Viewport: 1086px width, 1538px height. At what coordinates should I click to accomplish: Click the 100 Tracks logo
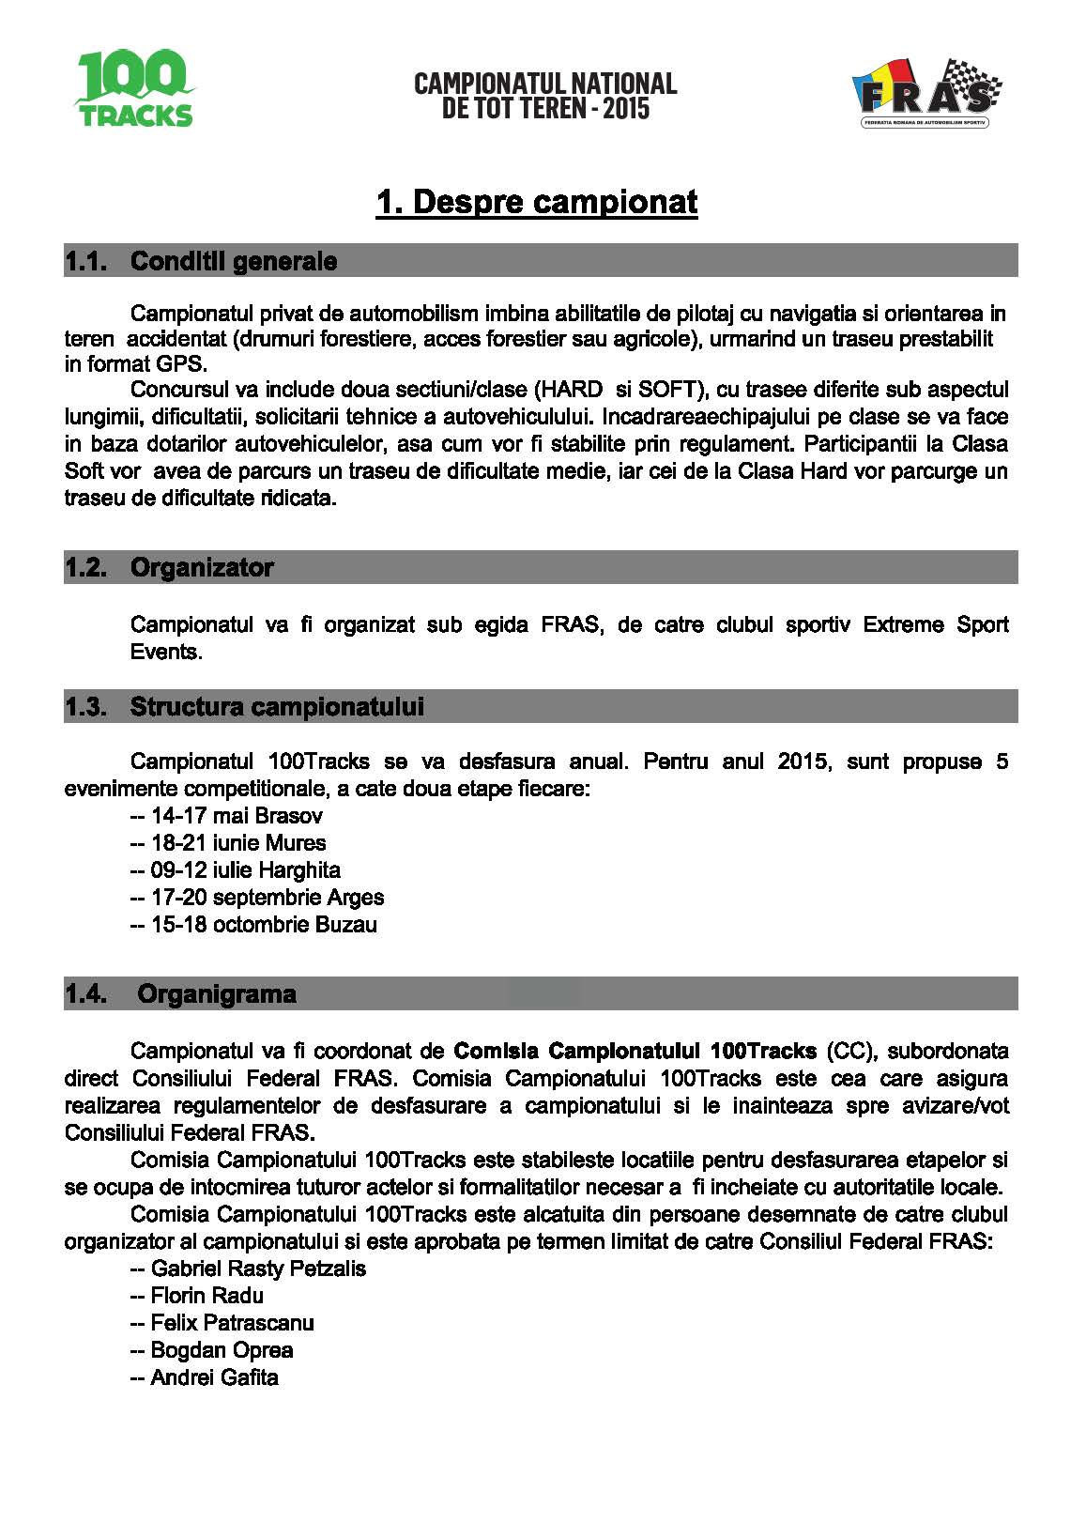(134, 89)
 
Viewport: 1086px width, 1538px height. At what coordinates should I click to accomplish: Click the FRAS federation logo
(925, 93)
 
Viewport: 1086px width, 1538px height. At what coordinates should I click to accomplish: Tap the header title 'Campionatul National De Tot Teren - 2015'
(545, 96)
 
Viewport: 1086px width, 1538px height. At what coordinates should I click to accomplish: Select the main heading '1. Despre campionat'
(537, 202)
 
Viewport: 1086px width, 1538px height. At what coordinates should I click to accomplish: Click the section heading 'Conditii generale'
(234, 261)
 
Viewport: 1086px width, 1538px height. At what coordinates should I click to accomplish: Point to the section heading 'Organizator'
(202, 567)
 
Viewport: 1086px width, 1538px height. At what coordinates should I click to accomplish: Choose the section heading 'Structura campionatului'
(277, 706)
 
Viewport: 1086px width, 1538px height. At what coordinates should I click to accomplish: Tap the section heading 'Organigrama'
(217, 993)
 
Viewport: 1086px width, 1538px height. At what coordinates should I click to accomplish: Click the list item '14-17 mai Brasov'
(237, 815)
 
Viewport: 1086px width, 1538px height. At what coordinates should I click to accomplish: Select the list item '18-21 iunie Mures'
(238, 842)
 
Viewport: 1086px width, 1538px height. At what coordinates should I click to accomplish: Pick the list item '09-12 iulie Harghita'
(245, 869)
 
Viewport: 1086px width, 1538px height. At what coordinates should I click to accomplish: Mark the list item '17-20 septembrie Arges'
(268, 897)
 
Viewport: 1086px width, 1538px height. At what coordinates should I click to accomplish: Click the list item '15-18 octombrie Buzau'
(264, 924)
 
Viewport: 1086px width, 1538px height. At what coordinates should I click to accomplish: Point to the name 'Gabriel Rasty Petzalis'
(258, 1269)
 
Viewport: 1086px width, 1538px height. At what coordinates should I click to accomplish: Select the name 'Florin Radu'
(206, 1296)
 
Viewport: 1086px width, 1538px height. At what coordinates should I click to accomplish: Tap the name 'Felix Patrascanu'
(232, 1323)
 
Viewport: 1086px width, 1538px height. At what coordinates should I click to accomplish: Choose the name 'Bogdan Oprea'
(222, 1350)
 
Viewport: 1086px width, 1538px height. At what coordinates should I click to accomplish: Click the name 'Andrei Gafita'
(214, 1377)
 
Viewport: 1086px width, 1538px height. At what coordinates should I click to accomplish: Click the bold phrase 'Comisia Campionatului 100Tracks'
(635, 1050)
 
